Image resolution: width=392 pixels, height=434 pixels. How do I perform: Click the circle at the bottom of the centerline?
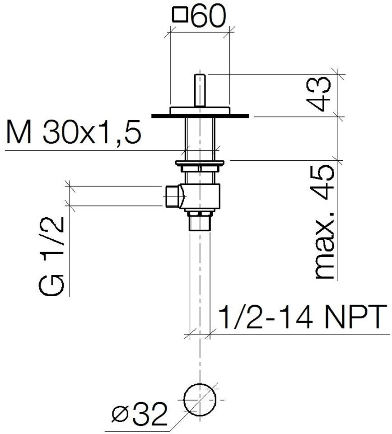pos(200,399)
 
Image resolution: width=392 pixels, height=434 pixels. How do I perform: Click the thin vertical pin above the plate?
pos(199,90)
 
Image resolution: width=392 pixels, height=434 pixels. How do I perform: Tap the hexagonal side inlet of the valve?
pos(172,196)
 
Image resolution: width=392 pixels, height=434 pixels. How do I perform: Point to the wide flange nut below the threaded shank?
pos(200,163)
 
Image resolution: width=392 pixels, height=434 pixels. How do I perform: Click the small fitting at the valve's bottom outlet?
pos(200,222)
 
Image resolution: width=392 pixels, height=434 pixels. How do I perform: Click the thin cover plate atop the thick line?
pos(200,111)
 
